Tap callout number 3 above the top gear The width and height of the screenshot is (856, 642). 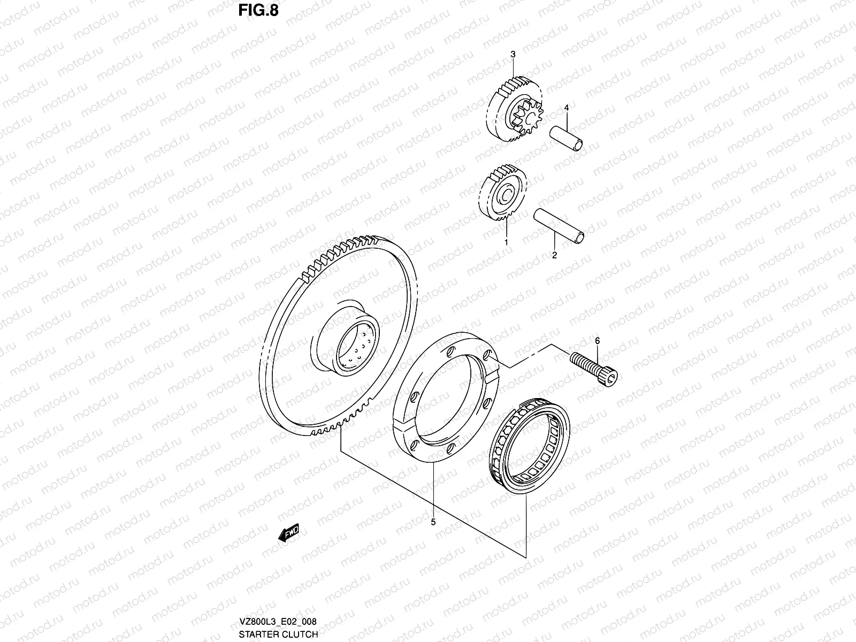(513, 54)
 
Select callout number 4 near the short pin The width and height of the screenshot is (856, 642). (565, 108)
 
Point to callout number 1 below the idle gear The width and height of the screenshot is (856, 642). (506, 242)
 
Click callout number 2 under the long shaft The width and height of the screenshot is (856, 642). (554, 255)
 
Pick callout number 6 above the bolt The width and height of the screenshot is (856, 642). (597, 340)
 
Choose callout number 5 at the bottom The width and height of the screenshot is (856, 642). (433, 521)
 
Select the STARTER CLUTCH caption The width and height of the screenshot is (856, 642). (278, 634)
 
